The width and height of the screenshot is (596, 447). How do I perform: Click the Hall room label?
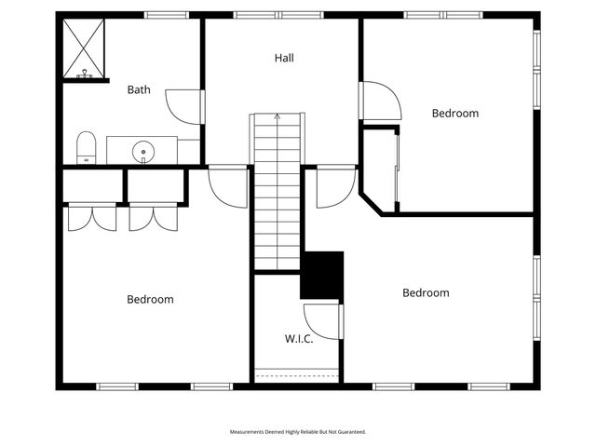point(284,58)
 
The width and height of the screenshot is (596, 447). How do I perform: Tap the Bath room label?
point(139,90)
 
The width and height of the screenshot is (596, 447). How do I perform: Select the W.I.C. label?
point(298,339)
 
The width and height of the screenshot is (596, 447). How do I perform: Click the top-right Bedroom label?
point(455,114)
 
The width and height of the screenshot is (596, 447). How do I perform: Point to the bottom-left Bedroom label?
point(150,300)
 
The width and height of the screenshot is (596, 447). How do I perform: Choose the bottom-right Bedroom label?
point(426,293)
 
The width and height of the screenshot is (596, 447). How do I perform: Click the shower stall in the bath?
point(84,49)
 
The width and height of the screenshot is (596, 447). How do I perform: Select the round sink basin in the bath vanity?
point(143,151)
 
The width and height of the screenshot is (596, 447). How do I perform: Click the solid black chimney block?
point(322,275)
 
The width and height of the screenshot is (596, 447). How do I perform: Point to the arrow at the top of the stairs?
point(277,117)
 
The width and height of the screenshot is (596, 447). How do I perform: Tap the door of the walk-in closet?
point(323,320)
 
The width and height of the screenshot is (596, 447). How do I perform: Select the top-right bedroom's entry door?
point(380,101)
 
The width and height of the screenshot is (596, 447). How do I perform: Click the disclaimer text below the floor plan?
point(298,432)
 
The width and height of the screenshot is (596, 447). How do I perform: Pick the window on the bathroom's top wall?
point(167,15)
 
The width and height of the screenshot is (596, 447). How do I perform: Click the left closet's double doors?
point(90,216)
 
